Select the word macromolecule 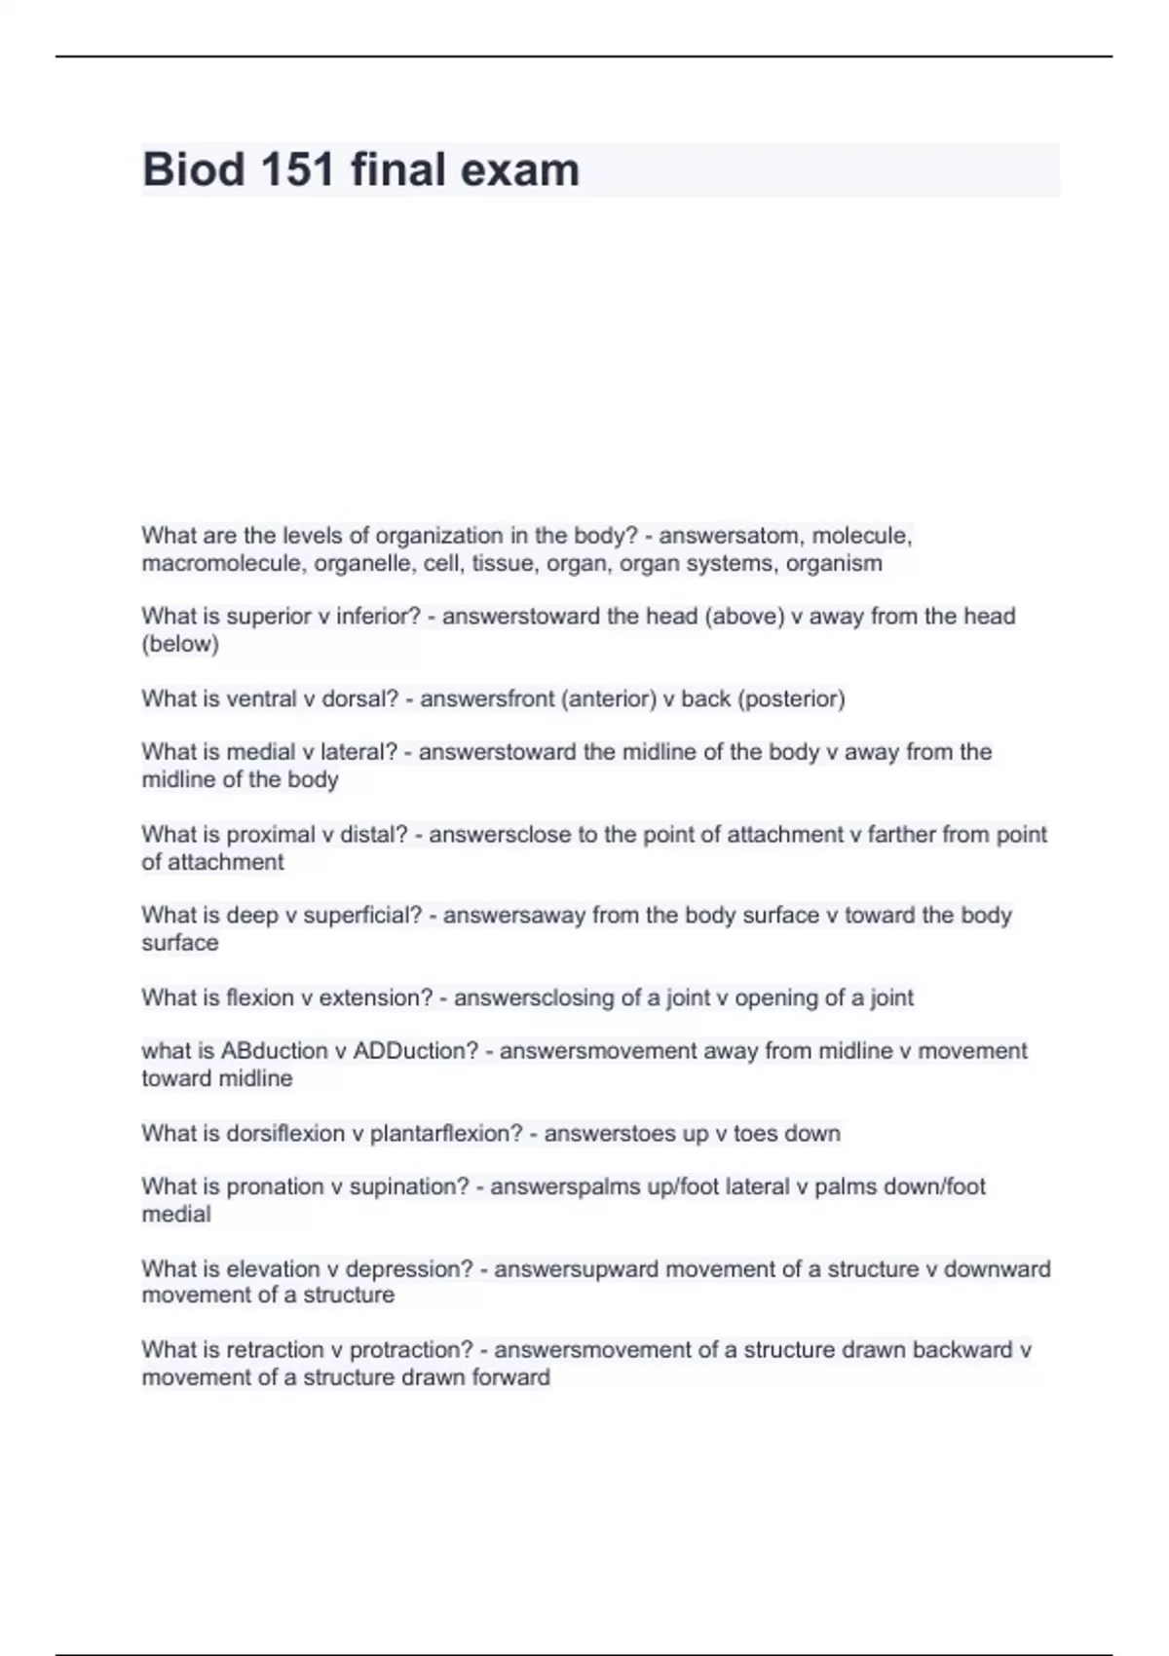[223, 563]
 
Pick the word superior [269, 617]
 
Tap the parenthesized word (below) [180, 644]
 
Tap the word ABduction [275, 1051]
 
